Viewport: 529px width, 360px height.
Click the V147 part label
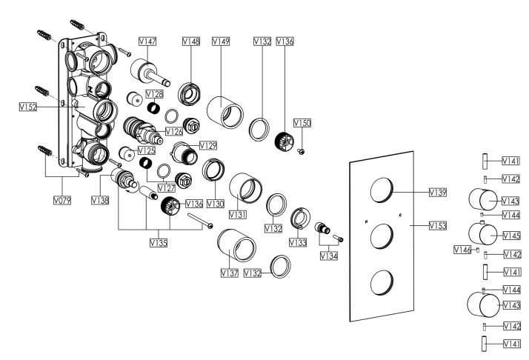[147, 41]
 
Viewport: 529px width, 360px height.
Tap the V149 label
[221, 41]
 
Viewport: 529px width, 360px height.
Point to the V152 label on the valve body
[29, 107]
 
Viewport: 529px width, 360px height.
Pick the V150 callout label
[302, 121]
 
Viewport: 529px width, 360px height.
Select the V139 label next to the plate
[439, 192]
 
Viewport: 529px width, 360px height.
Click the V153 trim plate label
[439, 224]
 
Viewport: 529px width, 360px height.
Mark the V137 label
[228, 274]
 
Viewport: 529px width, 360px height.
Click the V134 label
[329, 256]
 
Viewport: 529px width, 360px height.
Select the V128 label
[154, 94]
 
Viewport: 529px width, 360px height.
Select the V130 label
[215, 204]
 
